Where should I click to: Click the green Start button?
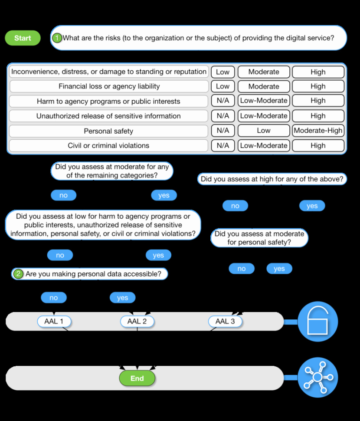[23, 38]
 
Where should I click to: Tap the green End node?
[137, 378]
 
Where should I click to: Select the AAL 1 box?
[54, 322]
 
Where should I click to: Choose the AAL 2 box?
[137, 322]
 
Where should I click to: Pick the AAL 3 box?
[225, 322]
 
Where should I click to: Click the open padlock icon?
[317, 322]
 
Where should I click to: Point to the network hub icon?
[317, 378]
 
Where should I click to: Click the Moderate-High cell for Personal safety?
[318, 131]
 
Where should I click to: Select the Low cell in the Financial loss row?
[223, 86]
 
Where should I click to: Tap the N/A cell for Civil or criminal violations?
[223, 145]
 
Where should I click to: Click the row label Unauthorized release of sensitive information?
[108, 116]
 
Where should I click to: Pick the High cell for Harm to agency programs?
[318, 101]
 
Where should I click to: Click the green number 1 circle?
[57, 38]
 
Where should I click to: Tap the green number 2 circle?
[18, 274]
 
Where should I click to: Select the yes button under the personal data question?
[122, 298]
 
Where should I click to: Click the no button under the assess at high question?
[235, 206]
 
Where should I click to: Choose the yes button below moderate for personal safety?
[279, 269]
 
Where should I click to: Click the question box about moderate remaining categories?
[112, 171]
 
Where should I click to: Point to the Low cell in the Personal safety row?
[263, 131]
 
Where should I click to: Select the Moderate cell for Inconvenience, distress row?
[263, 72]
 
